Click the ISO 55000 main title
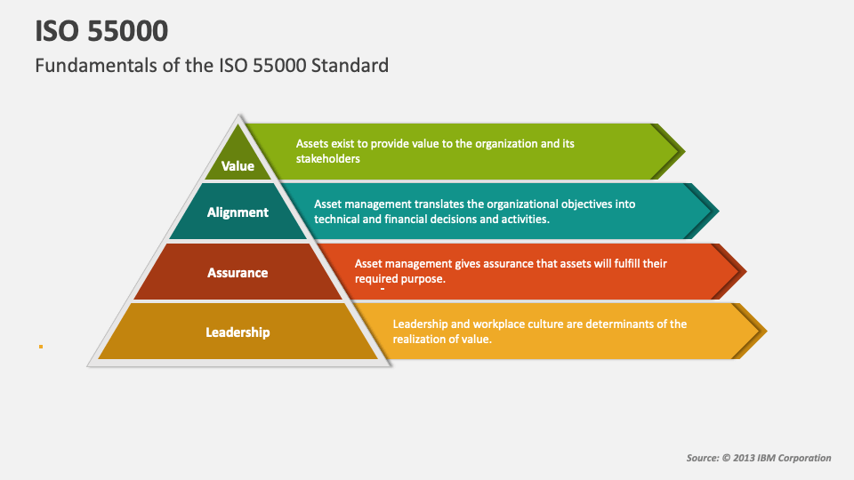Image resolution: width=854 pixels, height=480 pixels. click(101, 30)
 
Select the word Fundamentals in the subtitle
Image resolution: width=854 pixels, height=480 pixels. click(85, 65)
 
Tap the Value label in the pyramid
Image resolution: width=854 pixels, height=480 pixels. click(238, 166)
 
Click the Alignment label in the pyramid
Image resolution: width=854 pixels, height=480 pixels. click(238, 212)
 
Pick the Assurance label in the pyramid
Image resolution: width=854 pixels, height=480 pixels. click(238, 273)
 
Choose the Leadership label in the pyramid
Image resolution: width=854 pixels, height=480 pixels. click(238, 332)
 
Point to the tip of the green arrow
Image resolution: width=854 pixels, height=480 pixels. click(685, 152)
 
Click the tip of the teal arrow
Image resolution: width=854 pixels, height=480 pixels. click(719, 212)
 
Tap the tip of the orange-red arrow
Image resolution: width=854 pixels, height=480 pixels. click(746, 271)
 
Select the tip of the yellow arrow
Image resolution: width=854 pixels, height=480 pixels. click(767, 331)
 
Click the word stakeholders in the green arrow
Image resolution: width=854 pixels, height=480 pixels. click(328, 159)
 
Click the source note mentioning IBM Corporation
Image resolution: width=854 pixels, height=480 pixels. click(759, 458)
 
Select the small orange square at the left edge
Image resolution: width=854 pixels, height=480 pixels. click(41, 347)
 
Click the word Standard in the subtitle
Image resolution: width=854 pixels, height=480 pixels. click(350, 65)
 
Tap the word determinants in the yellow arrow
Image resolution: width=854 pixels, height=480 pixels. click(620, 324)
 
